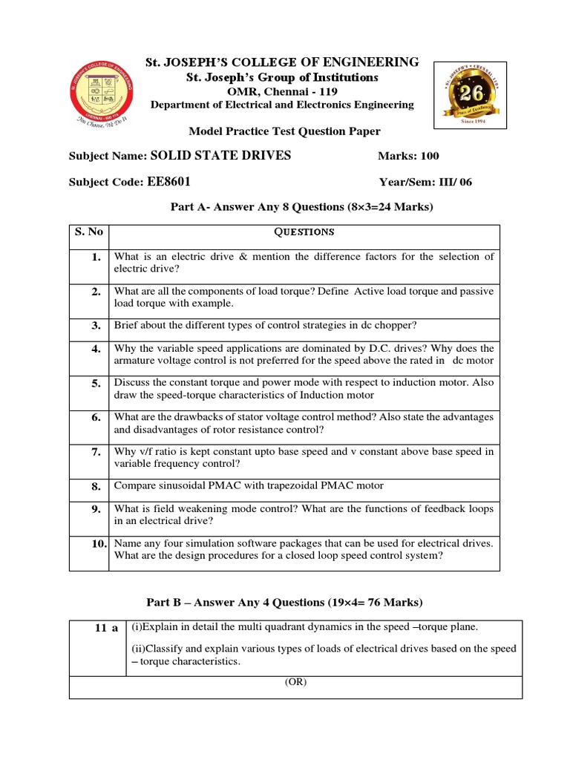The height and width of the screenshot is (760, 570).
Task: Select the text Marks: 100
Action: point(408,156)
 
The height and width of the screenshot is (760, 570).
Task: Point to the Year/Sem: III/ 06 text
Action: point(425,181)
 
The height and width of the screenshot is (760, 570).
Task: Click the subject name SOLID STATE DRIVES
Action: point(220,155)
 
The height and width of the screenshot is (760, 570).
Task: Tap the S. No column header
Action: point(89,232)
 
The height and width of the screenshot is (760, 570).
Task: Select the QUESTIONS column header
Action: point(304,232)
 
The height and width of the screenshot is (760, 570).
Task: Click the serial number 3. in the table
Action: point(95,325)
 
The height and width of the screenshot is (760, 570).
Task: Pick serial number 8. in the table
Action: point(95,487)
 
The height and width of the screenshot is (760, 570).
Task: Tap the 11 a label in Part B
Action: point(106,628)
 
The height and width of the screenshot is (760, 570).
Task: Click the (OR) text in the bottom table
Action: point(295,683)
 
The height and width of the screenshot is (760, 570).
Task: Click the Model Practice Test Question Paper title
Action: point(284,131)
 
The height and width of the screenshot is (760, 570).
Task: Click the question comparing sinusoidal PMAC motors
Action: point(249,486)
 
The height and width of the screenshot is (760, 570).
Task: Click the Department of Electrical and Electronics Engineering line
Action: point(282,105)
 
